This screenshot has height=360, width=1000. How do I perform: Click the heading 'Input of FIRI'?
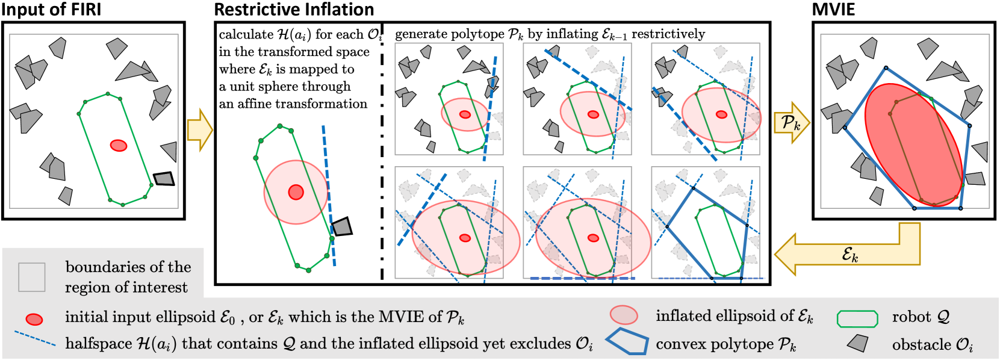coord(51,10)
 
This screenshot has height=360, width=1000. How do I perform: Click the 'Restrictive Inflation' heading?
coord(294,10)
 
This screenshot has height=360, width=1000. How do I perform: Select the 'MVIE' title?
coord(833,10)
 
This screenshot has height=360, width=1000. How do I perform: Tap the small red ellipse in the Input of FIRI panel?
coord(119,145)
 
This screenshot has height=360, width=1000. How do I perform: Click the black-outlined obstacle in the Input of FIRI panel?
coord(163,179)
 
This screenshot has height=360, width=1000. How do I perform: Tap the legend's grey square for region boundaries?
coord(31,277)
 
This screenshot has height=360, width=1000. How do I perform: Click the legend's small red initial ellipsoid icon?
coord(34,318)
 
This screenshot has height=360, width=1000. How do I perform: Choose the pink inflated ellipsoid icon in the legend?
coord(623,315)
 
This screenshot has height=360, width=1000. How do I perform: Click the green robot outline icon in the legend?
coord(857,318)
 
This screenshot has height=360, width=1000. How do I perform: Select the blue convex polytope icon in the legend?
coord(627,343)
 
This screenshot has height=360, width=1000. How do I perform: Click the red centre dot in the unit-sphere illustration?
coord(296,192)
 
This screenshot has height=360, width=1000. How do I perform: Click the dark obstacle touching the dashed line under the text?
coord(342,226)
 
